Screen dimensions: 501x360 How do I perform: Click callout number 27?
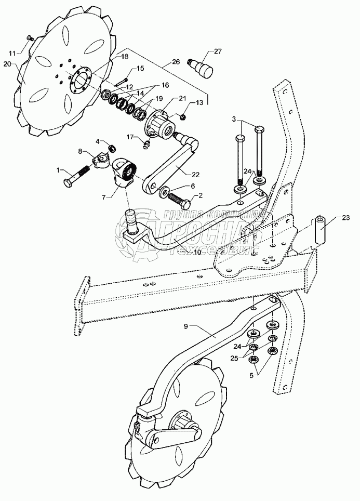point(217,50)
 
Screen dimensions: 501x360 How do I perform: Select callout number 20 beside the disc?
point(7,64)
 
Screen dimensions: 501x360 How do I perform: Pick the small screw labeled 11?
point(30,38)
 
